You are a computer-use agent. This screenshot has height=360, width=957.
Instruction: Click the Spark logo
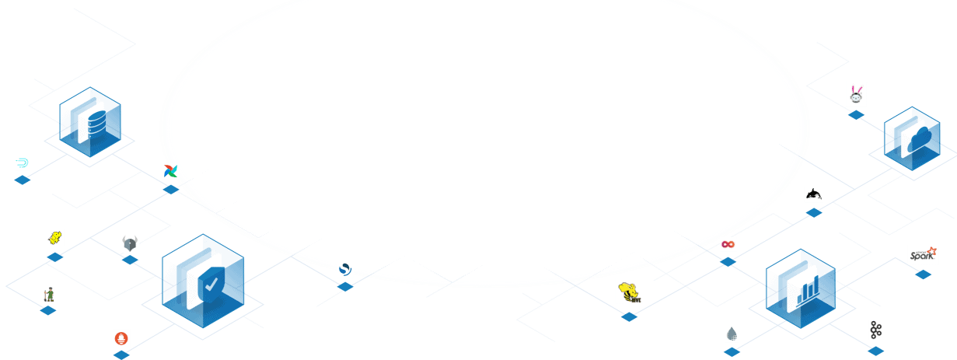pos(923,254)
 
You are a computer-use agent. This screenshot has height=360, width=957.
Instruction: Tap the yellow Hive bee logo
pos(629,291)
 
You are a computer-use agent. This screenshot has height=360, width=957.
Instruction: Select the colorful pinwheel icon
pos(171,171)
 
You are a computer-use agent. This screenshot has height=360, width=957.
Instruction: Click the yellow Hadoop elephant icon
pos(54,238)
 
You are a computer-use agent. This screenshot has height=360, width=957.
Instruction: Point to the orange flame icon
pos(121,338)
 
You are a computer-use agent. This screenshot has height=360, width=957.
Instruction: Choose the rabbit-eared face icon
pos(856,94)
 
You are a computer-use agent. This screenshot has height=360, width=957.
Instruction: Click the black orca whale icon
pos(814,194)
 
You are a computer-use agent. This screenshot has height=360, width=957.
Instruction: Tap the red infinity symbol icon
pos(728,244)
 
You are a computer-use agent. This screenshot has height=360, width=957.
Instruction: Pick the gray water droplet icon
pos(732,334)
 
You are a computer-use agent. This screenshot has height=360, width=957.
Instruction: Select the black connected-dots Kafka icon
pos(876,329)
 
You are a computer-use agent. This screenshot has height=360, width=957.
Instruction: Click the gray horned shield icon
pos(130,243)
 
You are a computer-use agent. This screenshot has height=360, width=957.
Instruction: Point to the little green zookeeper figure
pos(48,295)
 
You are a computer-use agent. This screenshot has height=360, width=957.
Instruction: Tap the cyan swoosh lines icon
pos(23,163)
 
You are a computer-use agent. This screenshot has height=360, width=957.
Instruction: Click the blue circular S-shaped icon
pos(345,270)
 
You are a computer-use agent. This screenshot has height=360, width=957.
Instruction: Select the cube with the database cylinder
pos(90,124)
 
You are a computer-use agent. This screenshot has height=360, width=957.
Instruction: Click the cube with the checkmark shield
pos(203,280)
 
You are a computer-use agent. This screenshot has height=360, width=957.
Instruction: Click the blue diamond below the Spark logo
pos(923,274)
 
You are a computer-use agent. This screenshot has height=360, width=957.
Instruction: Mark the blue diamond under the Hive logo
pos(629,316)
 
